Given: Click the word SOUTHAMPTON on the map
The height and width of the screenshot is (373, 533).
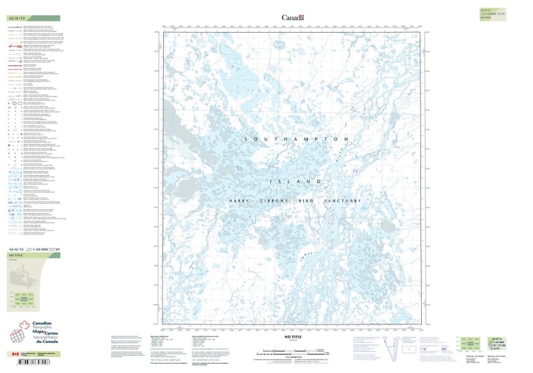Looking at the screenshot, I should click(296, 139).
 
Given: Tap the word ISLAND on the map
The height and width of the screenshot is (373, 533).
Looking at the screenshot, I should click(296, 181).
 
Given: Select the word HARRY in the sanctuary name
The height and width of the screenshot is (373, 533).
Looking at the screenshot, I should click(243, 201).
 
